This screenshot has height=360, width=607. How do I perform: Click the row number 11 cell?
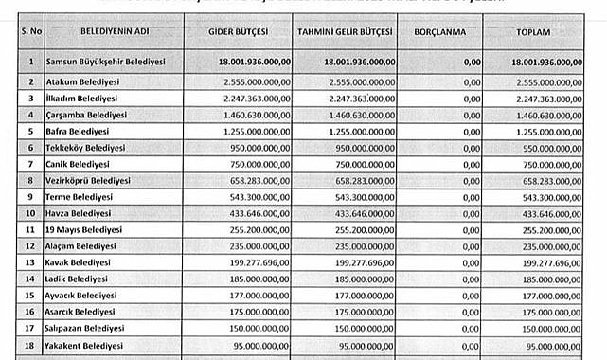(x=30, y=229)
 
